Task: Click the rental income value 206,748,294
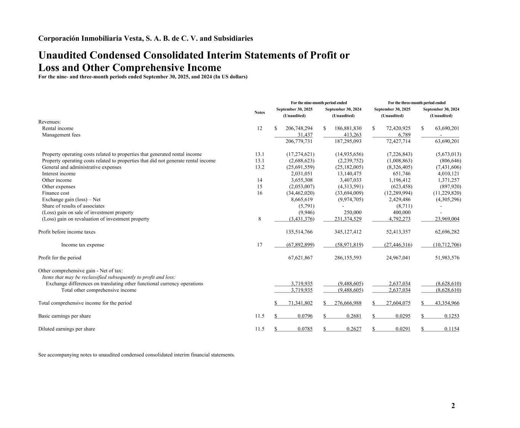[299, 128]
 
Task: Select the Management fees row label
[61, 135]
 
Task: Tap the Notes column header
[259, 112]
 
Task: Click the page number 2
[453, 406]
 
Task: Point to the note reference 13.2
[259, 167]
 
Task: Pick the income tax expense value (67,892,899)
[300, 245]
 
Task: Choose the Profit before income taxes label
[67, 232]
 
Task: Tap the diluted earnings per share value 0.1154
[451, 329]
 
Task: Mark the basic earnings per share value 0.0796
[305, 316]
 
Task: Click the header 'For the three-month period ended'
[416, 103]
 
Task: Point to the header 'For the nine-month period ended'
[318, 103]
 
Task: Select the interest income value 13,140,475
[347, 174]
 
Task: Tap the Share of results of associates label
[73, 206]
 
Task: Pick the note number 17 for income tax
[259, 245]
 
